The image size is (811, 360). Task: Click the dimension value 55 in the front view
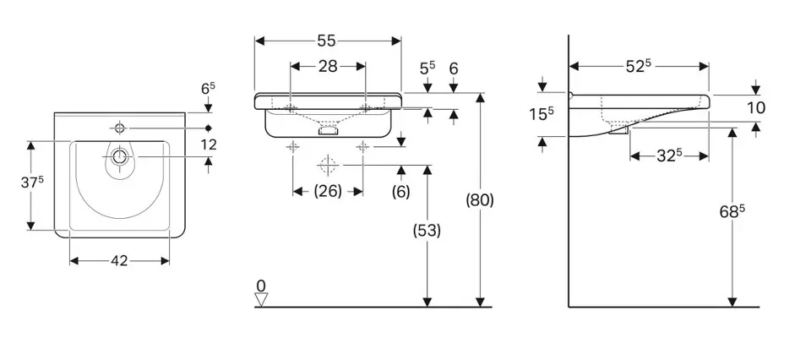point(328,40)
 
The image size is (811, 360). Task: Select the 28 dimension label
point(328,66)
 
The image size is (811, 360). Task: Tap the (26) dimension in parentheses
point(328,191)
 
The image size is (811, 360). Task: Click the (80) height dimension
point(479,200)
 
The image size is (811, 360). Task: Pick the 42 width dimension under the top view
point(119,261)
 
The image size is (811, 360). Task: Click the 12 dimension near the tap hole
point(208,145)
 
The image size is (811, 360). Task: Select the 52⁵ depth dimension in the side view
point(639,66)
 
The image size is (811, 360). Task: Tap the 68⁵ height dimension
point(732,212)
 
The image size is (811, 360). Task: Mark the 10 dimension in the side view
point(755,107)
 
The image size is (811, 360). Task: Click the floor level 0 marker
point(261,286)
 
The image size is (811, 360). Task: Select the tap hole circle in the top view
point(119,128)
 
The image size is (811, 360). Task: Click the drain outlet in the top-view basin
point(119,156)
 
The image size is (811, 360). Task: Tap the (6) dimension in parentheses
point(400,191)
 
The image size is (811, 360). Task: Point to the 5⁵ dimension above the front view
point(428,66)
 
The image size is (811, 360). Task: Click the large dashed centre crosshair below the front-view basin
point(328,164)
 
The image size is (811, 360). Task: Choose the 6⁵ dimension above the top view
point(208,88)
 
